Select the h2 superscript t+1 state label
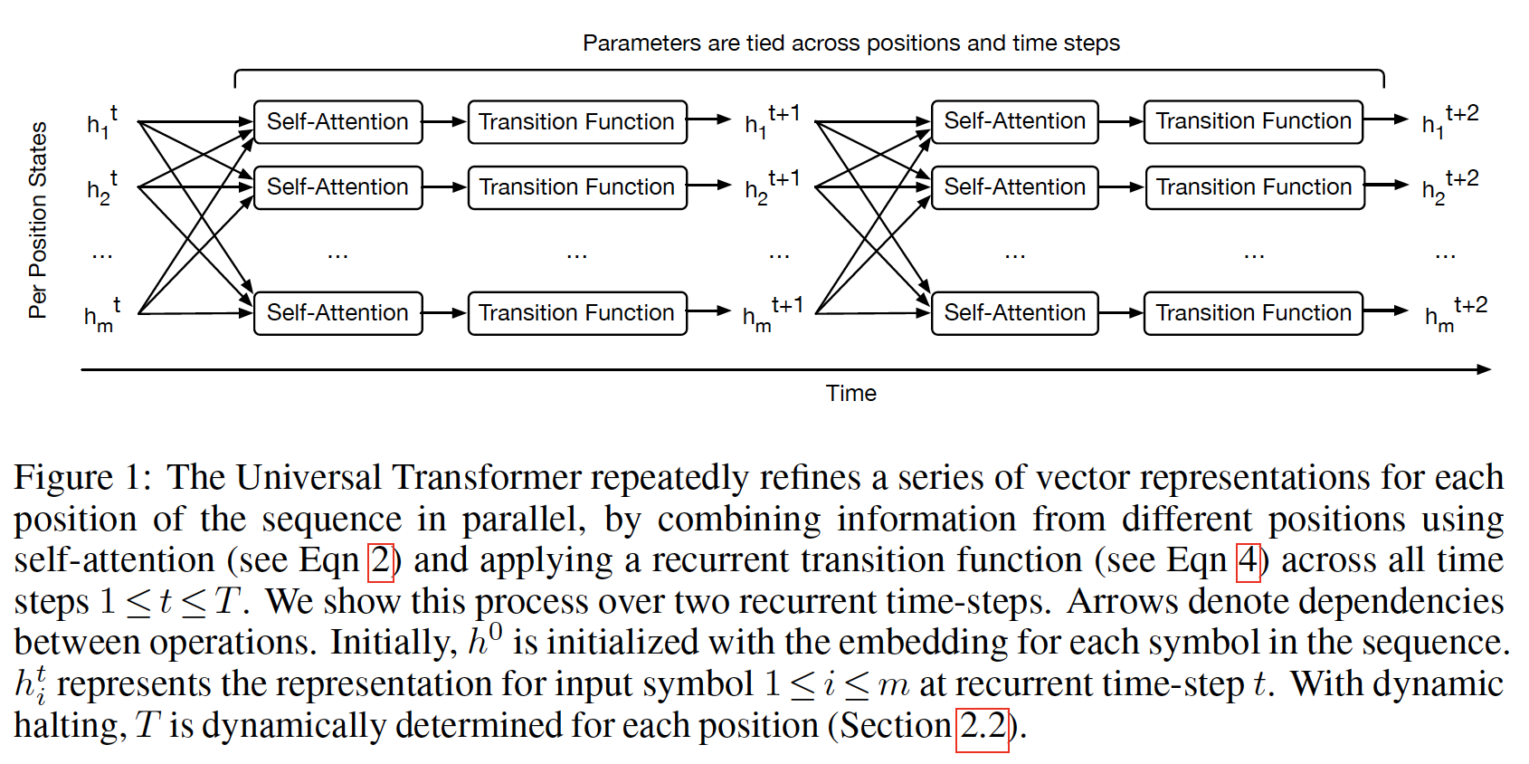point(771,186)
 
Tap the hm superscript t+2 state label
point(1455,313)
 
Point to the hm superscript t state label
point(101,314)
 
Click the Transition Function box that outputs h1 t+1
point(577,122)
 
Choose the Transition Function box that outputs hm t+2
point(1253,313)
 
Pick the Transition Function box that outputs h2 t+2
point(1254,187)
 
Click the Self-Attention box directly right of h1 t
point(337,122)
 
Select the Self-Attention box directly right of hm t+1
point(1014,313)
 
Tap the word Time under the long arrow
point(850,393)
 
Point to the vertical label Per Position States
point(38,220)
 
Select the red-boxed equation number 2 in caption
point(381,560)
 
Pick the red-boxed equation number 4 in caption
point(1248,560)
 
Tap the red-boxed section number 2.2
point(983,726)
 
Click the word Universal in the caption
point(309,477)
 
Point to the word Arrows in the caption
point(1123,602)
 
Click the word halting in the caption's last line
point(65,726)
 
